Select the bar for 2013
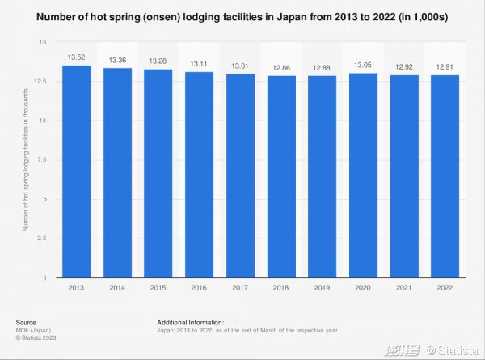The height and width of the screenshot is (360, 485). (x=78, y=172)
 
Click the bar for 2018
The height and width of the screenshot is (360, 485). (x=280, y=176)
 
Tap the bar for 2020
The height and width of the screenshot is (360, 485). (x=362, y=175)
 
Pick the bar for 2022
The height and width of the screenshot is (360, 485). (x=443, y=176)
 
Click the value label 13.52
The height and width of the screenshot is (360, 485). (x=78, y=57)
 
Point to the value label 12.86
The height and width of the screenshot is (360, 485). (x=280, y=68)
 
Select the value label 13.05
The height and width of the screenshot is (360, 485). (x=362, y=66)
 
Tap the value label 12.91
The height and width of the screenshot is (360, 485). (x=443, y=68)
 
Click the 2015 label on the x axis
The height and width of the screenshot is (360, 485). (x=158, y=288)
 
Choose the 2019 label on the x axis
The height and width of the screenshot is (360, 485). (x=321, y=288)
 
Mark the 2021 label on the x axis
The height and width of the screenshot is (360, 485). (x=403, y=288)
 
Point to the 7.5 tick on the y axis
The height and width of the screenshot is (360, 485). (x=43, y=160)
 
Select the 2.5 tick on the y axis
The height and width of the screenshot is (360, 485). (x=43, y=239)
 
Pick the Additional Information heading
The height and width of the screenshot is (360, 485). (x=190, y=322)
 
